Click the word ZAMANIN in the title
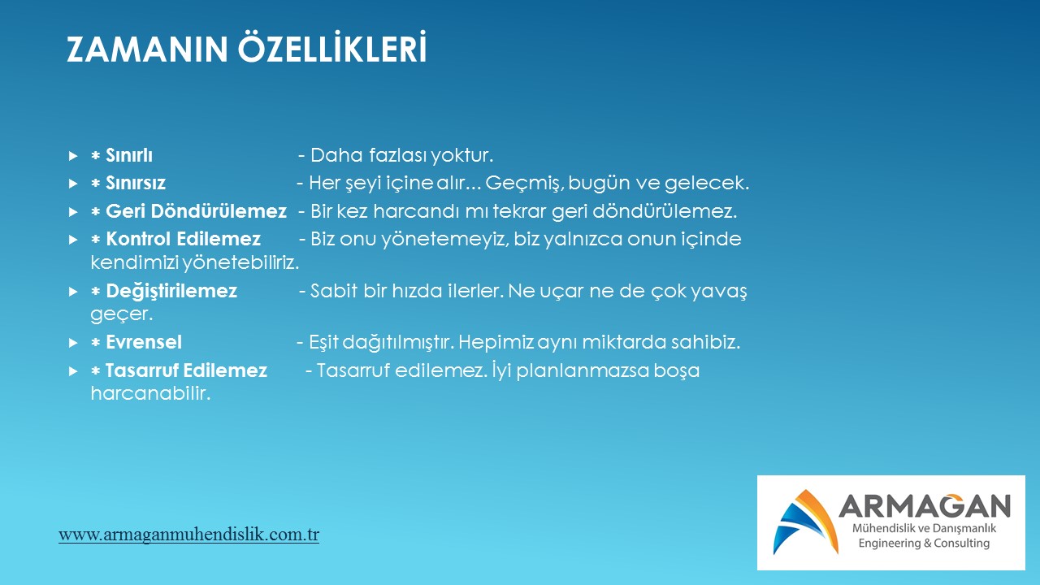point(147,50)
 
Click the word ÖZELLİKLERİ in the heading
point(332,46)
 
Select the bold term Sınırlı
point(129,155)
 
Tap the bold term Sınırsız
point(136,183)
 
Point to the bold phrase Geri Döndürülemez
point(196,211)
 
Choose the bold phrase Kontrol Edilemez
point(183,239)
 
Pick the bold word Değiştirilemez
point(171,292)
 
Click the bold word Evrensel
point(144,342)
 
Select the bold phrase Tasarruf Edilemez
point(186,370)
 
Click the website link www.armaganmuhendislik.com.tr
point(188,535)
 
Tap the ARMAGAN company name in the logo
point(925,505)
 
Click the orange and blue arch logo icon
point(806,522)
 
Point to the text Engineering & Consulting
point(924,543)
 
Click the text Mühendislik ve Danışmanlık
point(924,528)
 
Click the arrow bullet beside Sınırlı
point(73,155)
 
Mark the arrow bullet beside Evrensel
point(73,343)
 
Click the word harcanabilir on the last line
point(150,394)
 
